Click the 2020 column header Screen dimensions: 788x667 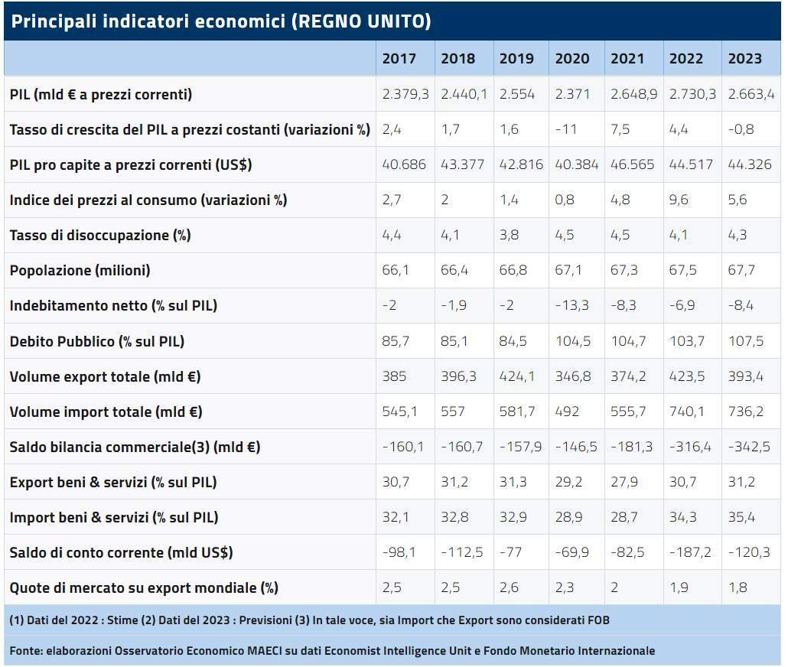[572, 59]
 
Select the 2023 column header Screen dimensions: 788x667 [745, 59]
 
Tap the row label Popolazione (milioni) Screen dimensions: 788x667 [80, 271]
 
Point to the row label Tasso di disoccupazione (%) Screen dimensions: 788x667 [100, 236]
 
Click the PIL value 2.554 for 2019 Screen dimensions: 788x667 [516, 95]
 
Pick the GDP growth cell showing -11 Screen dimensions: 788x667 [566, 130]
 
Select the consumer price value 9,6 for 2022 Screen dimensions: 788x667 [679, 200]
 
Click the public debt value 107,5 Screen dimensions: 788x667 [746, 341]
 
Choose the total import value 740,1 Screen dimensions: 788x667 [686, 412]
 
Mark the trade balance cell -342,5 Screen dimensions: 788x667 [749, 447]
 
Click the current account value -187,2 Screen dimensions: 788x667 [690, 552]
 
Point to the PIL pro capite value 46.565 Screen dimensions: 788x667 [632, 165]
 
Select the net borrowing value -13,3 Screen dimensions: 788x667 [572, 306]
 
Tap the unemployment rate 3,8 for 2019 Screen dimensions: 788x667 [509, 236]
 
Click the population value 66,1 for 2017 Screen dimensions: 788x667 [396, 271]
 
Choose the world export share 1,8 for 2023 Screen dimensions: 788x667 [738, 587]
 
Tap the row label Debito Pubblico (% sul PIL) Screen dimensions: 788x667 [97, 342]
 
